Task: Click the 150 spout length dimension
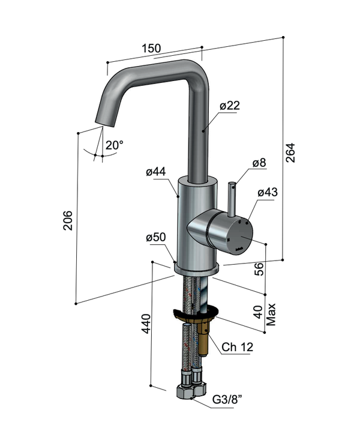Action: [151, 48]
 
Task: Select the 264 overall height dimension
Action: [290, 152]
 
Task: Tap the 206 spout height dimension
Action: [68, 220]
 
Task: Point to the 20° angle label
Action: [115, 145]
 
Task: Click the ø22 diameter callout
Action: [230, 106]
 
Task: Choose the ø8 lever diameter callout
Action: [259, 163]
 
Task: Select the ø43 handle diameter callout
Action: [268, 193]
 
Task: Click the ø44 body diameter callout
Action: [156, 172]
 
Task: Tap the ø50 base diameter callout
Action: [156, 237]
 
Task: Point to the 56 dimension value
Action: [259, 269]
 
